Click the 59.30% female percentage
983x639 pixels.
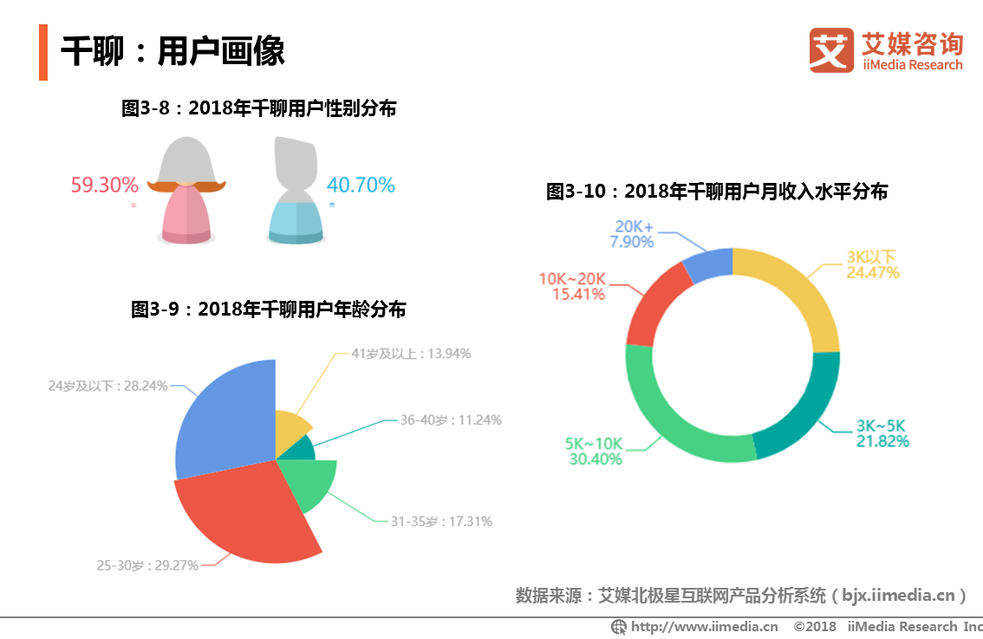104,185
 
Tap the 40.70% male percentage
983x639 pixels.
361,185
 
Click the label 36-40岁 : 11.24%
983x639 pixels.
451,420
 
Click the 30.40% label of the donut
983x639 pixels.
596,460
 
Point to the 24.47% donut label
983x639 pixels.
873,272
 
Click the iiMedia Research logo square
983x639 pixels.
831,50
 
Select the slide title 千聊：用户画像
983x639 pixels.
173,51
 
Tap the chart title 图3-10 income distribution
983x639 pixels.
716,192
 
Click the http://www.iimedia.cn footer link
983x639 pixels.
703,626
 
